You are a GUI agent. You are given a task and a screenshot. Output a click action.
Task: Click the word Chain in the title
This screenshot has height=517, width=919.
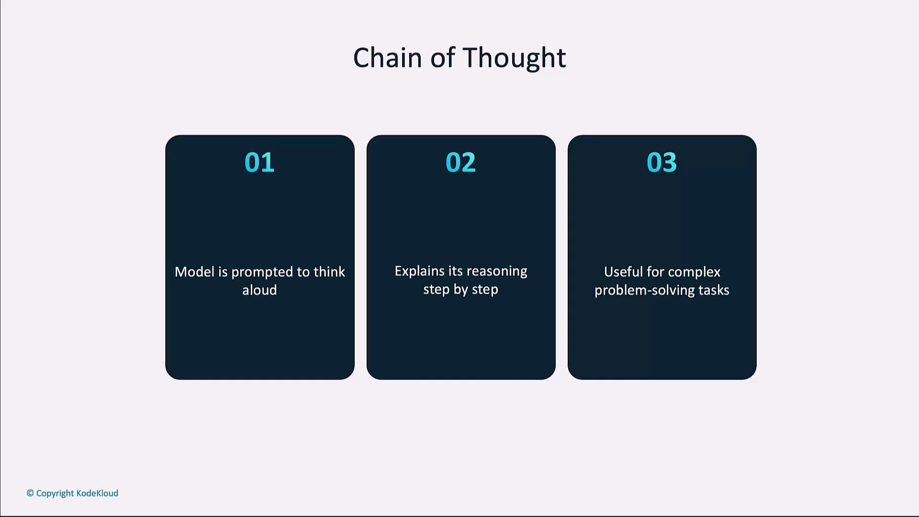pyautogui.click(x=388, y=58)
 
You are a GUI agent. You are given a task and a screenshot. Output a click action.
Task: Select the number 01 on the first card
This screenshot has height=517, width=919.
pyautogui.click(x=259, y=162)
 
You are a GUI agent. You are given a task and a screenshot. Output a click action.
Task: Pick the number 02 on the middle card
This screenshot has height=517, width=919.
pyautogui.click(x=460, y=162)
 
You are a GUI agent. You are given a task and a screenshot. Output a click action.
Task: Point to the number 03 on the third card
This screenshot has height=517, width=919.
pyautogui.click(x=661, y=162)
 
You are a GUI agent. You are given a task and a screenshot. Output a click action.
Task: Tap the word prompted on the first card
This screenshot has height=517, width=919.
pyautogui.click(x=262, y=273)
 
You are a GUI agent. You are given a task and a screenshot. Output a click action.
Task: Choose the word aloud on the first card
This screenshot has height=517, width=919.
pyautogui.click(x=259, y=290)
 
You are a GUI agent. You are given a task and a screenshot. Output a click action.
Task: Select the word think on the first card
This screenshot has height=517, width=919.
pyautogui.click(x=329, y=272)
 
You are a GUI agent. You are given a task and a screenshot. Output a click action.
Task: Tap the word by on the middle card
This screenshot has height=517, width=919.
pyautogui.click(x=461, y=290)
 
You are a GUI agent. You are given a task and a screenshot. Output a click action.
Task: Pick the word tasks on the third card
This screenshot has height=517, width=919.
pyautogui.click(x=714, y=290)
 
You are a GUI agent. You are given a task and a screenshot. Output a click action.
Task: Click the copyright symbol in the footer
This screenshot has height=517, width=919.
pyautogui.click(x=30, y=493)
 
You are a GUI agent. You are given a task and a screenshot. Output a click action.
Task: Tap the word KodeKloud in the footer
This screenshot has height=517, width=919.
pyautogui.click(x=97, y=493)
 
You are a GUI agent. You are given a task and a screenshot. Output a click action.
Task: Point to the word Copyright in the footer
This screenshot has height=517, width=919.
pyautogui.click(x=55, y=494)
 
